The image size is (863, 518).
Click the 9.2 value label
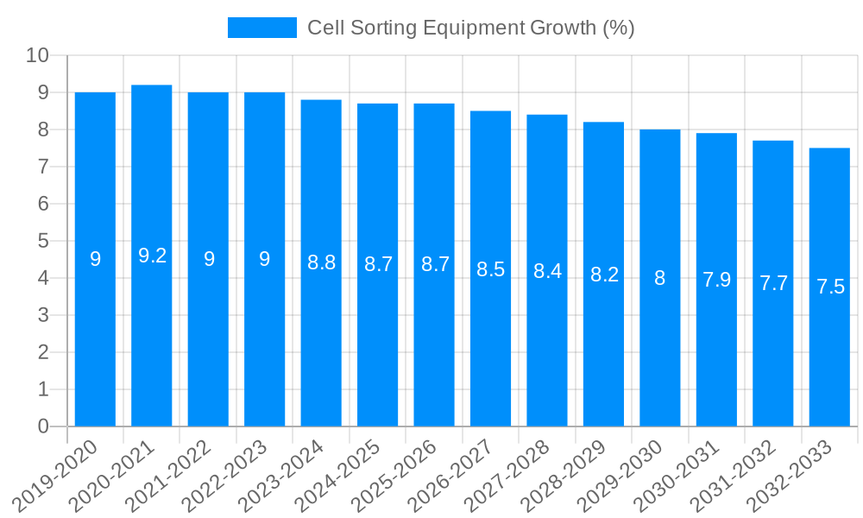click(x=152, y=256)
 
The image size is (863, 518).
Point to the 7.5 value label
click(x=829, y=287)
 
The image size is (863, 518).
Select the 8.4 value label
click(x=547, y=271)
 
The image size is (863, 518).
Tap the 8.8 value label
click(x=321, y=263)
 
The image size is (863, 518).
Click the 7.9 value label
click(x=716, y=280)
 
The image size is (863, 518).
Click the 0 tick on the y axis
click(x=43, y=426)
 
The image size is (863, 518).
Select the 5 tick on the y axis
click(x=43, y=242)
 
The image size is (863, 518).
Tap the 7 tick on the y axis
click(x=43, y=167)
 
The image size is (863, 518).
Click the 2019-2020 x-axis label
click(x=56, y=476)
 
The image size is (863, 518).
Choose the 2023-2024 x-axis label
click(x=282, y=476)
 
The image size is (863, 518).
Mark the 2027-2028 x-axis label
click(x=508, y=476)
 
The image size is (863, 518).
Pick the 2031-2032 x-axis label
click(x=734, y=476)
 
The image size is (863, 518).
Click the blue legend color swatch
click(x=261, y=28)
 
